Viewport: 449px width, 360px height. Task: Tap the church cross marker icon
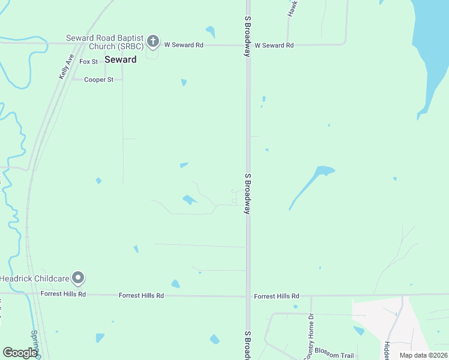tap(153, 41)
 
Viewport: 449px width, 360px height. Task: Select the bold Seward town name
tap(120, 59)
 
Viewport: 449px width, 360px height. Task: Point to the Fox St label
tap(88, 61)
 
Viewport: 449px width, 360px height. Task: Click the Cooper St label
tap(98, 79)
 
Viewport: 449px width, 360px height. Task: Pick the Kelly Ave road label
tap(65, 67)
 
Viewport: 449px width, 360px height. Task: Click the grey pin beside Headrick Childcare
tap(77, 278)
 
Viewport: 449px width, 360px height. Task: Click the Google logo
tap(20, 353)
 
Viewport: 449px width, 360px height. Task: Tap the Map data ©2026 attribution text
tap(423, 355)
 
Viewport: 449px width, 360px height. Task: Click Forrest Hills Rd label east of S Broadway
tap(276, 296)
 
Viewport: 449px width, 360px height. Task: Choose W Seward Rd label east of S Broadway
tap(274, 45)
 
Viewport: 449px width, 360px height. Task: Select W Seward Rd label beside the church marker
tap(184, 44)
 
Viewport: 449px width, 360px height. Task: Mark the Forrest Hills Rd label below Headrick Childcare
tap(63, 294)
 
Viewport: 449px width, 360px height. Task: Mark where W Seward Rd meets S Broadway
tap(248, 45)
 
